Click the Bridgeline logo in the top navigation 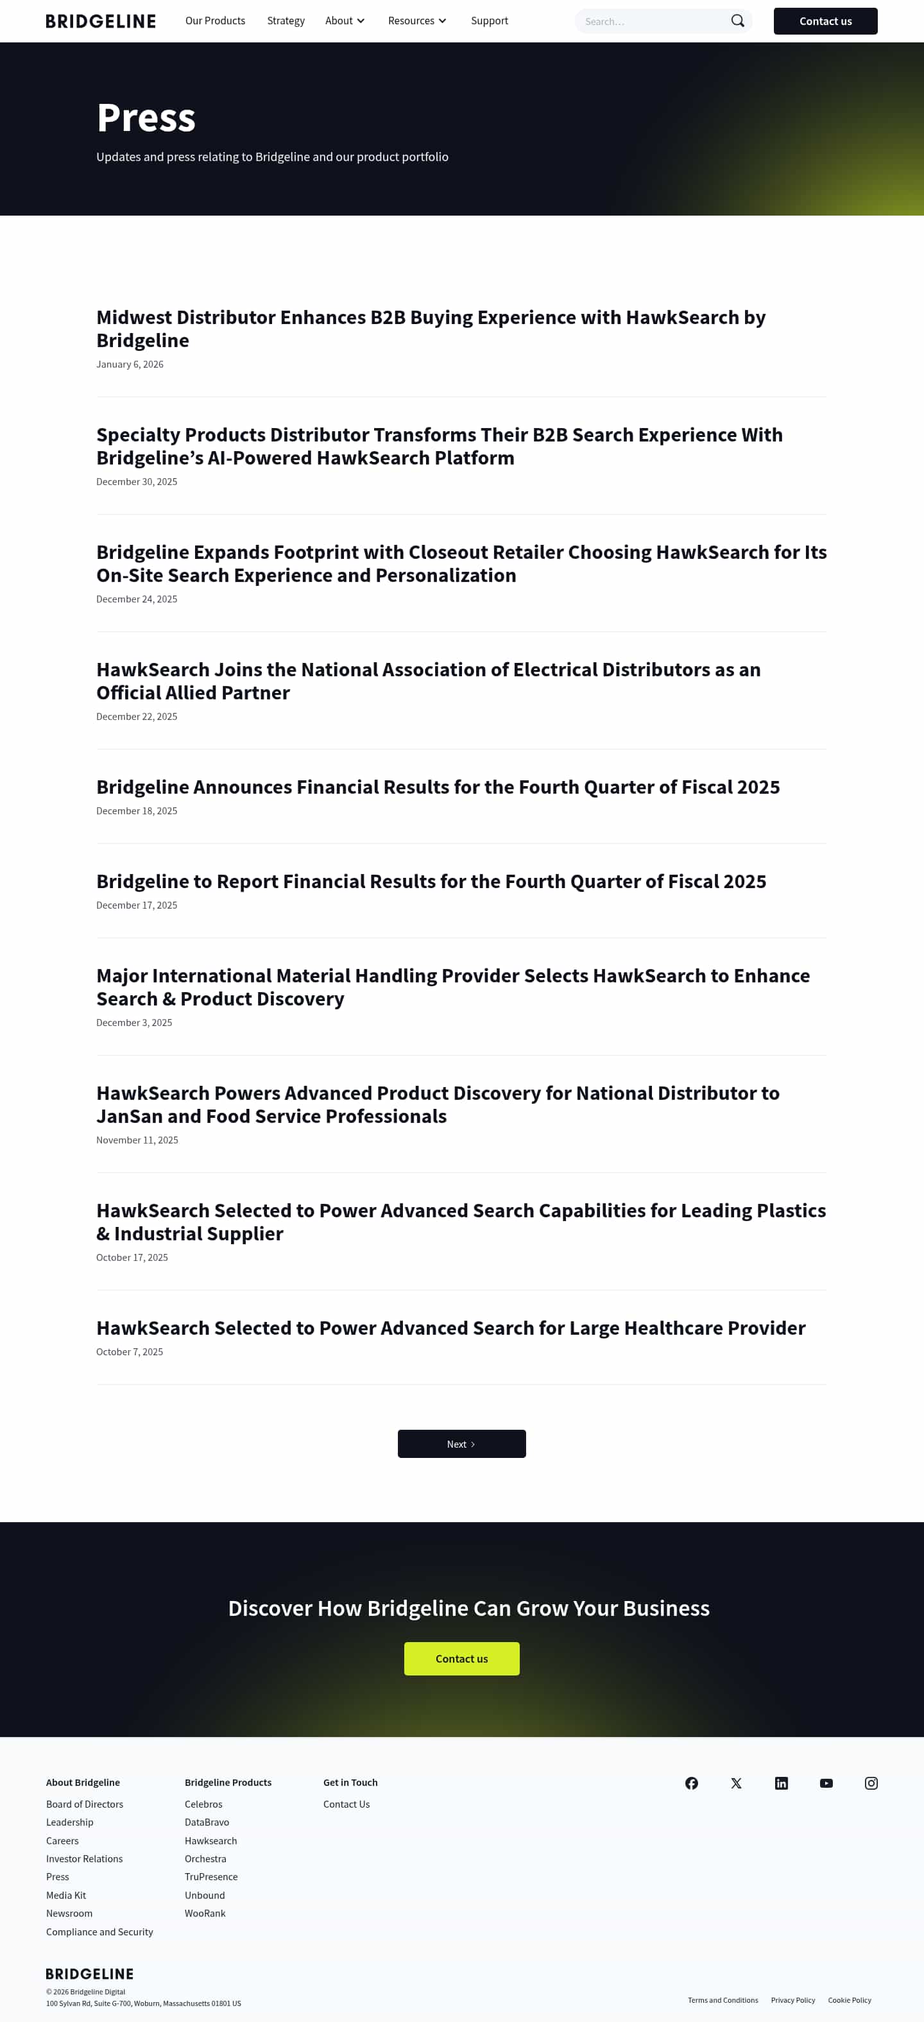(101, 21)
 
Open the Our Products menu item (215, 21)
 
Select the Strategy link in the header (286, 21)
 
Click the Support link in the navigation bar (489, 21)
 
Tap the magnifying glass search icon (737, 21)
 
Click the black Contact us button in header (825, 21)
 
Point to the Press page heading (146, 117)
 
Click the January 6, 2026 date (130, 364)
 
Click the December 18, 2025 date (137, 811)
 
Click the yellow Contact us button (461, 1659)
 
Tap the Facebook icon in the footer (691, 1783)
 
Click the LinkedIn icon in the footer (781, 1783)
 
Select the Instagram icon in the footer (871, 1783)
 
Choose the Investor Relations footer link (84, 1859)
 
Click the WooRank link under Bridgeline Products (205, 1913)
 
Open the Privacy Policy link (793, 2000)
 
